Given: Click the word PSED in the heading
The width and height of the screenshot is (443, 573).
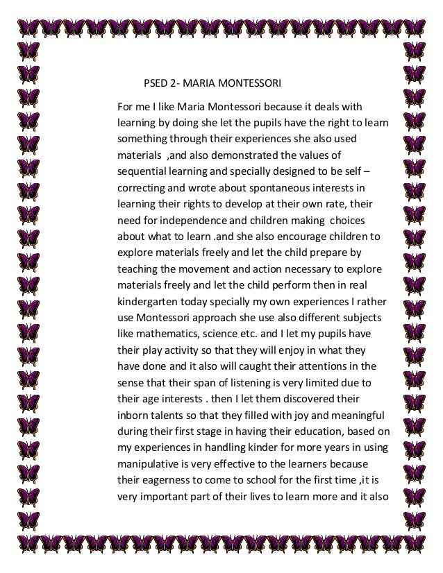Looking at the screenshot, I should point(155,85).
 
